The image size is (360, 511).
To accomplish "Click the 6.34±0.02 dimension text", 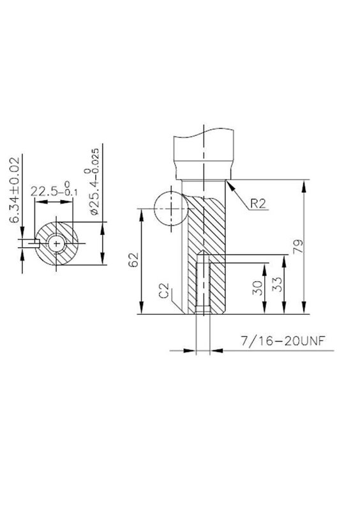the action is [x=14, y=190].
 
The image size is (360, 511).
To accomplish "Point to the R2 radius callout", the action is [x=259, y=203].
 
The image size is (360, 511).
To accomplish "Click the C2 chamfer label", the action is [x=165, y=291].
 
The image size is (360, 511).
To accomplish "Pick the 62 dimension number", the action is [x=133, y=260].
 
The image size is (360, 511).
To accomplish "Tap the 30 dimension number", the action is [x=257, y=288].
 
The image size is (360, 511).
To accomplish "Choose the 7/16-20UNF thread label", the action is [x=283, y=341].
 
